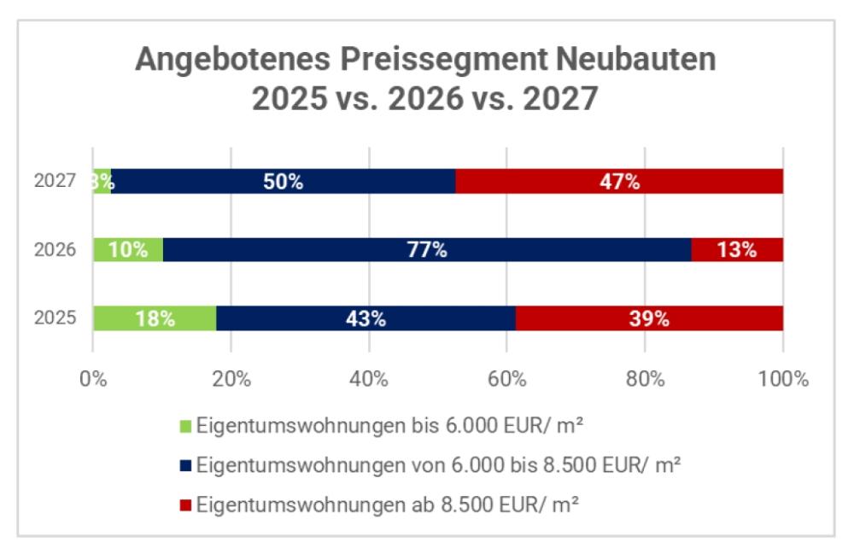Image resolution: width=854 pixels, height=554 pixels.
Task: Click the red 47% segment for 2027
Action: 619,181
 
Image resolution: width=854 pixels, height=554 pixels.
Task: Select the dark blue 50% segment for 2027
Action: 283,181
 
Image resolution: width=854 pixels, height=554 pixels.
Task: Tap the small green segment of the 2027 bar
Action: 102,181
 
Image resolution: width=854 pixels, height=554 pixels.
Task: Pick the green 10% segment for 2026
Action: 127,250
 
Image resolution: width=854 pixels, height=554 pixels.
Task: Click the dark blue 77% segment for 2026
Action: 426,250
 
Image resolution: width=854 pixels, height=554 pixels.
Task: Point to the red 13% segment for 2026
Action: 737,250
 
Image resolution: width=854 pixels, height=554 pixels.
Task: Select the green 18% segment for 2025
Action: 155,318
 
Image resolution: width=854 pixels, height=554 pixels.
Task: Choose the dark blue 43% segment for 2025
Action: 366,318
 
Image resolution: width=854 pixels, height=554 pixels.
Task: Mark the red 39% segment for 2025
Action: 649,318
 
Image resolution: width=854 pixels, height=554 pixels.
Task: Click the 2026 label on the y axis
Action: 56,250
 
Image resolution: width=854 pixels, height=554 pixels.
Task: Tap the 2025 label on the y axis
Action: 56,318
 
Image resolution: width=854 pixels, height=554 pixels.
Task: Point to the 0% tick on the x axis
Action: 93,379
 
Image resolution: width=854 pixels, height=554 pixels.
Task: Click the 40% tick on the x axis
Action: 368,379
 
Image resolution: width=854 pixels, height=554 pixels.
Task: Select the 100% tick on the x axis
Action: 782,379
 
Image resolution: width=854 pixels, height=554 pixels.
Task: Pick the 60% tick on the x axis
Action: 506,379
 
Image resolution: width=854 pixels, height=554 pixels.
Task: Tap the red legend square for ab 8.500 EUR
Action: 186,504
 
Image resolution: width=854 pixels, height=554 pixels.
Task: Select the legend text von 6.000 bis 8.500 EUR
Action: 438,465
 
